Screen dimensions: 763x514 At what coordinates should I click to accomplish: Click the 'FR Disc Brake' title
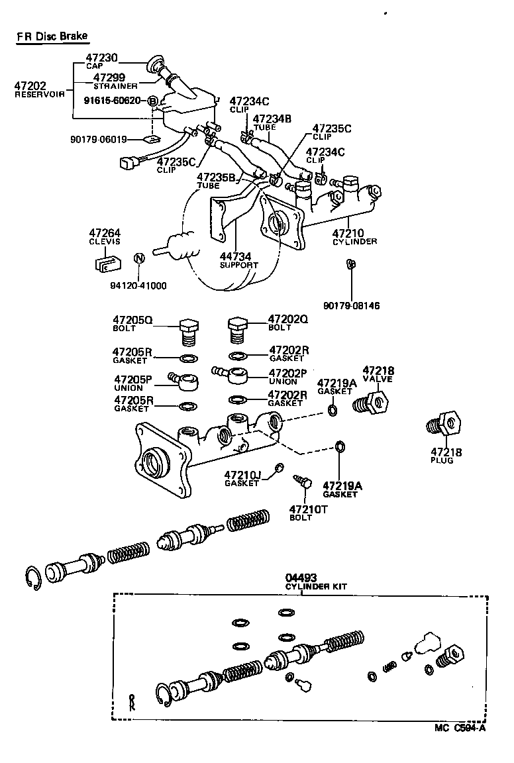pos(52,36)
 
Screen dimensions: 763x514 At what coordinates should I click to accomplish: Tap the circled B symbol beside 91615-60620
pos(153,101)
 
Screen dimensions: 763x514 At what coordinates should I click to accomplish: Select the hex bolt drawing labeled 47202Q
pos(238,329)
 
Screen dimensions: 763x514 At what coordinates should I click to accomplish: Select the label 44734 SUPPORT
pos(238,260)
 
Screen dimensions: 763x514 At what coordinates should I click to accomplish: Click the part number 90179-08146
pos(352,305)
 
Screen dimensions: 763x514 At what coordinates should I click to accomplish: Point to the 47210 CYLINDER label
pos(354,237)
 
